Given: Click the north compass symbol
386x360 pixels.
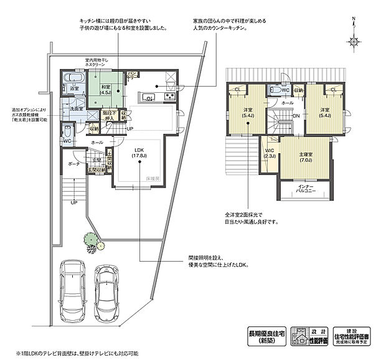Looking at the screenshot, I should coord(354,41).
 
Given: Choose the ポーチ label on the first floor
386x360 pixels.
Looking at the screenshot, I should coord(73,163).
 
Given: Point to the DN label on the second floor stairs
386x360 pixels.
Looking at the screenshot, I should coord(296,116).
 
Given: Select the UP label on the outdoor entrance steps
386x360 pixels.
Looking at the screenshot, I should coord(74,202).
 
